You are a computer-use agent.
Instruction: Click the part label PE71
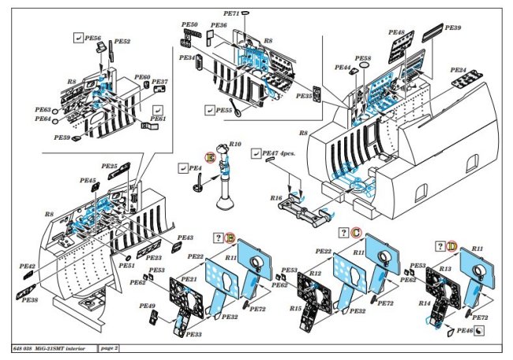click(231, 13)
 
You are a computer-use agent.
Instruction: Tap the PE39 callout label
click(453, 28)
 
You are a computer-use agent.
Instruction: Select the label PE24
click(459, 70)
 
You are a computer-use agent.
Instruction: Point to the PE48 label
click(396, 32)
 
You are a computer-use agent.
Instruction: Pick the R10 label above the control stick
click(234, 144)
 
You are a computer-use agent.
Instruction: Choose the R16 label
click(276, 198)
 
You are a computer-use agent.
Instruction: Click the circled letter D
click(452, 246)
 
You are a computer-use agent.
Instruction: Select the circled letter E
click(210, 157)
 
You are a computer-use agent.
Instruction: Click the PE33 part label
click(194, 335)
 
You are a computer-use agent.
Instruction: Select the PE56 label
click(93, 38)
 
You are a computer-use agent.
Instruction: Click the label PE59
click(62, 137)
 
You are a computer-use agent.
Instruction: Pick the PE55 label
click(224, 110)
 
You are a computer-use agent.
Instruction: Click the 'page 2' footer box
click(110, 347)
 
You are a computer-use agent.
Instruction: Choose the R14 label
click(425, 302)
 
